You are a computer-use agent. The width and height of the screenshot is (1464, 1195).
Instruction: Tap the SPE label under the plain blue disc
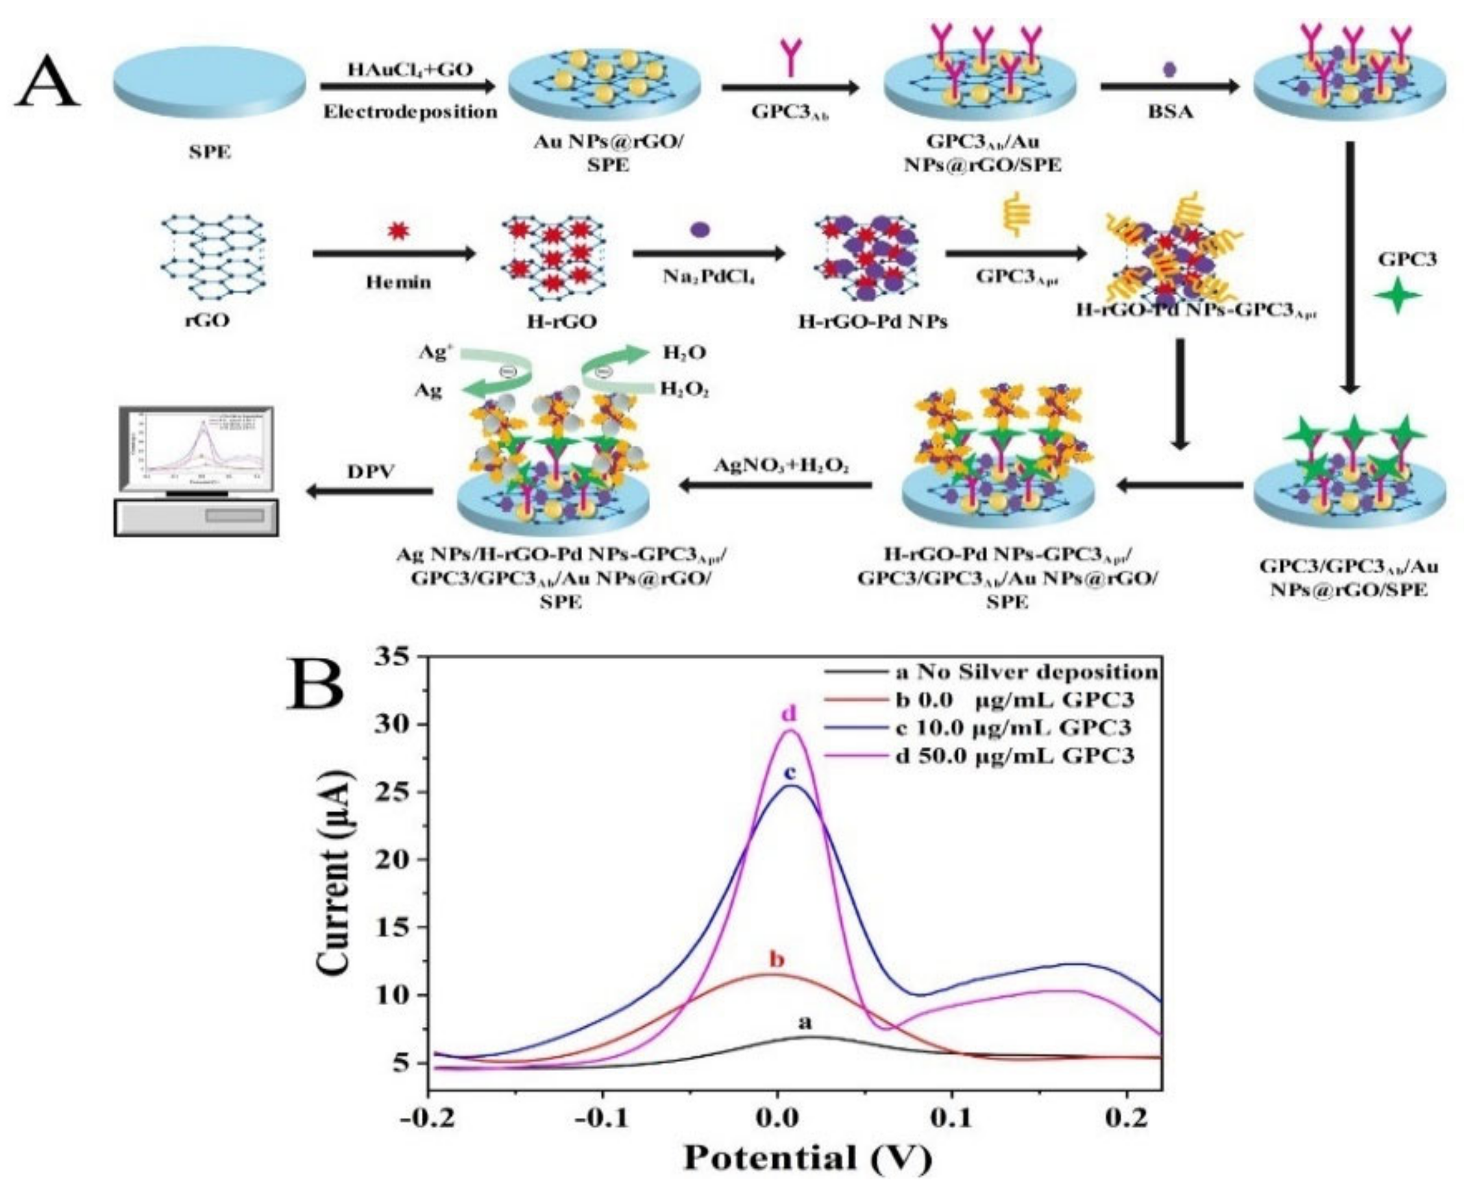pyautogui.click(x=210, y=152)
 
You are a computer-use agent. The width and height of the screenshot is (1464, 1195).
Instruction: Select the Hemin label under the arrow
pyautogui.click(x=398, y=282)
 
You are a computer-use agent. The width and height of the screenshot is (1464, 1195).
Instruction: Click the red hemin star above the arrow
pyautogui.click(x=397, y=230)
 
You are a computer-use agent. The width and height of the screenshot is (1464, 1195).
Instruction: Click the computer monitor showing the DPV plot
pyautogui.click(x=197, y=448)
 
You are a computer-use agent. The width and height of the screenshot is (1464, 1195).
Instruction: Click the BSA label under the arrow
pyautogui.click(x=1170, y=112)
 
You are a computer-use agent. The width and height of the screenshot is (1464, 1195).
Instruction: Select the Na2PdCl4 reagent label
pyautogui.click(x=709, y=278)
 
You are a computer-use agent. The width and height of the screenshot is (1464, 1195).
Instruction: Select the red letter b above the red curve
pyautogui.click(x=777, y=958)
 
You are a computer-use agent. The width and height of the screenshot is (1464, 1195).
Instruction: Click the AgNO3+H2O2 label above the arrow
pyautogui.click(x=780, y=466)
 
